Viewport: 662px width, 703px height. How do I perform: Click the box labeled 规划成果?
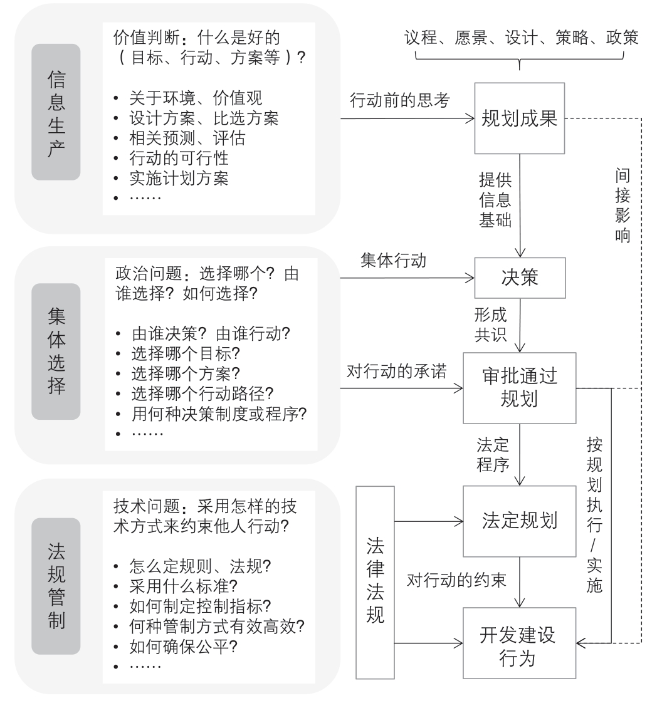(519, 118)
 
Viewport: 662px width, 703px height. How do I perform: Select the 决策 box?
(520, 278)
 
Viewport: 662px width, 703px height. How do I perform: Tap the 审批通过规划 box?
(519, 388)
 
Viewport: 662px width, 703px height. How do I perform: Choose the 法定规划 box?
(519, 521)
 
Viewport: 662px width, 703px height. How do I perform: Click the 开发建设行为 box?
(519, 643)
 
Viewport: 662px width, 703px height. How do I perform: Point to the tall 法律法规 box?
(376, 583)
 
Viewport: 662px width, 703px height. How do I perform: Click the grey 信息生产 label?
(56, 112)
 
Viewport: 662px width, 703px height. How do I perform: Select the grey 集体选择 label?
(56, 351)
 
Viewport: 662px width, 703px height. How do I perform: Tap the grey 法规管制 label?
(56, 586)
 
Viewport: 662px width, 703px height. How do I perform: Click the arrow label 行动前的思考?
(399, 100)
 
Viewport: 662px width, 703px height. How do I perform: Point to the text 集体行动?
(393, 261)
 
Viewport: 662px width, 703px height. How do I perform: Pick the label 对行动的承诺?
(397, 371)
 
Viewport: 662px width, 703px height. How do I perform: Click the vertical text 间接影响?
(623, 206)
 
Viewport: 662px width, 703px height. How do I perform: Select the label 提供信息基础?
(495, 200)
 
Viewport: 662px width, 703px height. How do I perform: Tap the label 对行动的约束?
(456, 580)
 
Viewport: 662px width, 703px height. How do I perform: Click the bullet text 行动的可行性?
(179, 159)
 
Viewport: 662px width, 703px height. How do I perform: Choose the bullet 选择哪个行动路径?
(202, 393)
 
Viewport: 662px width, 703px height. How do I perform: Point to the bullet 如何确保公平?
(184, 647)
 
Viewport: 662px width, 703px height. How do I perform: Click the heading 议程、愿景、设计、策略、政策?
(521, 38)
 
